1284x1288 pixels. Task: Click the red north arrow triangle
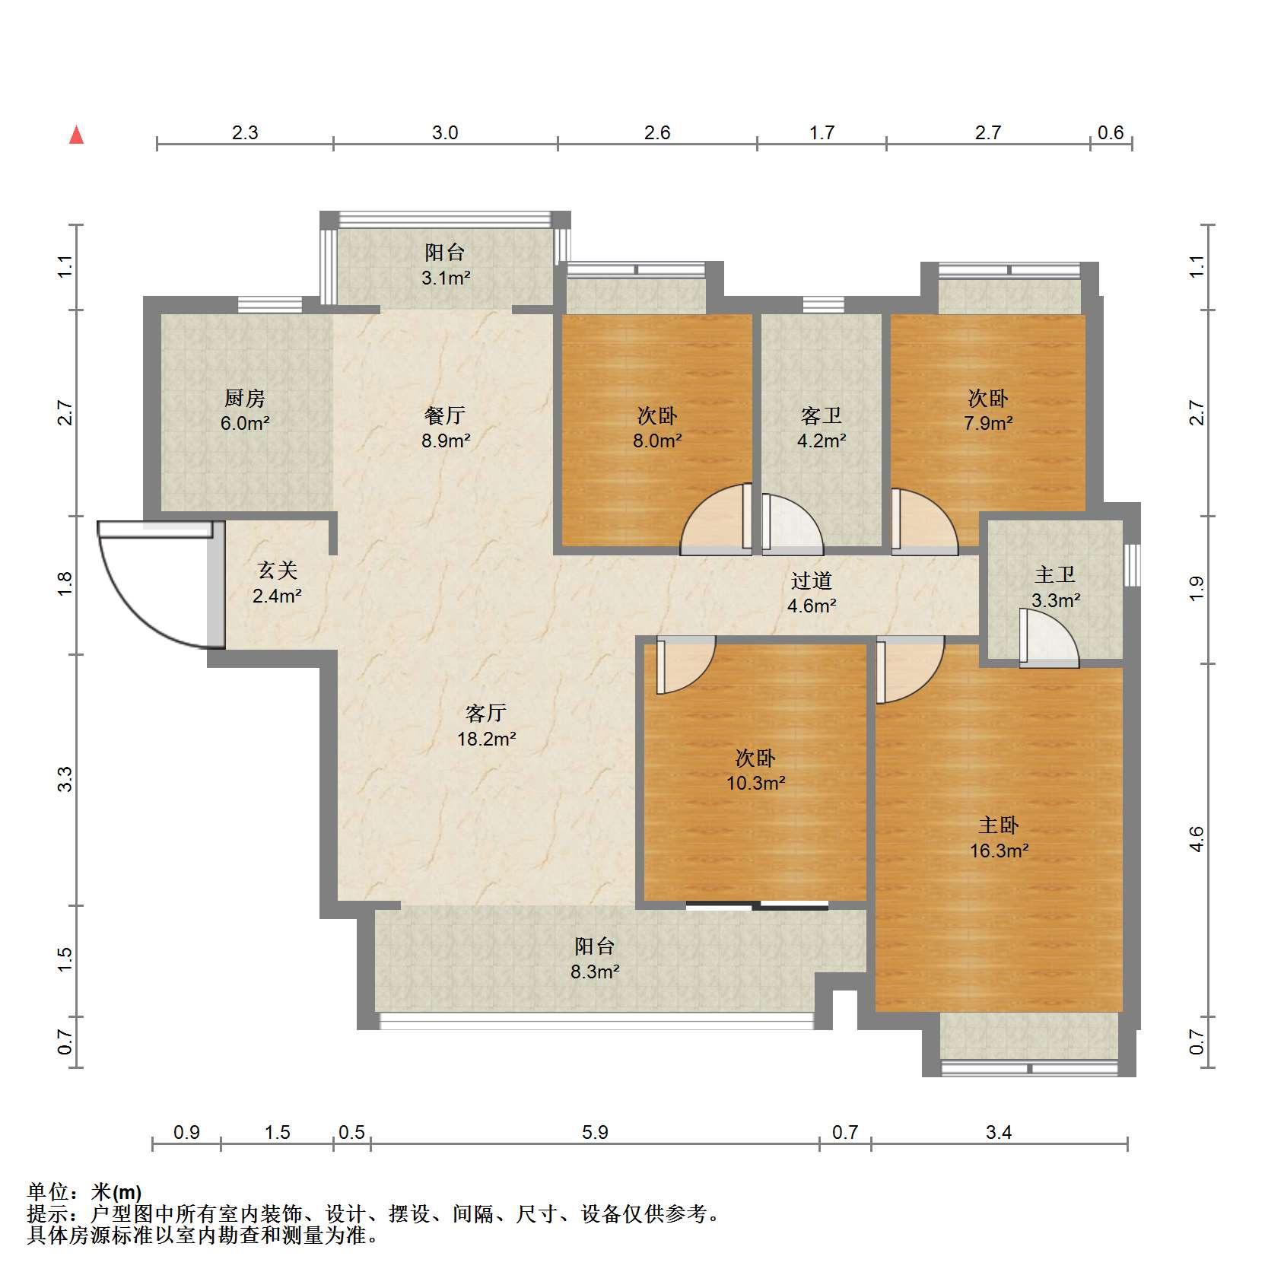76,135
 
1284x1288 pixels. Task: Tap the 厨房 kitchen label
244,398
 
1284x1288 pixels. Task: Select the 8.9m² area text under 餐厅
447,440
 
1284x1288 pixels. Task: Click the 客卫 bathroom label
822,415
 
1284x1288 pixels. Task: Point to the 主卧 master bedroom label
999,825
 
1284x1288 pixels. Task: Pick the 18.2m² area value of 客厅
487,738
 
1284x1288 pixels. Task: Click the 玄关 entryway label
277,570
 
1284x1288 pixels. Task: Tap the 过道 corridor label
812,580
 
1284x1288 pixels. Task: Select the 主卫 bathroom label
1055,574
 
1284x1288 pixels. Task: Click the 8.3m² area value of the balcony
595,971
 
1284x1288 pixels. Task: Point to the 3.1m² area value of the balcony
446,278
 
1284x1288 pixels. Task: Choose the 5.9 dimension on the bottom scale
595,1133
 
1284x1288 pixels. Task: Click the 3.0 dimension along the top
445,133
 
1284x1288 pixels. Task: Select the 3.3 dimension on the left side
65,779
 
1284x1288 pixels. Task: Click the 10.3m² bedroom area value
756,782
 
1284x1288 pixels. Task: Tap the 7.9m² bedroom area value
988,423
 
